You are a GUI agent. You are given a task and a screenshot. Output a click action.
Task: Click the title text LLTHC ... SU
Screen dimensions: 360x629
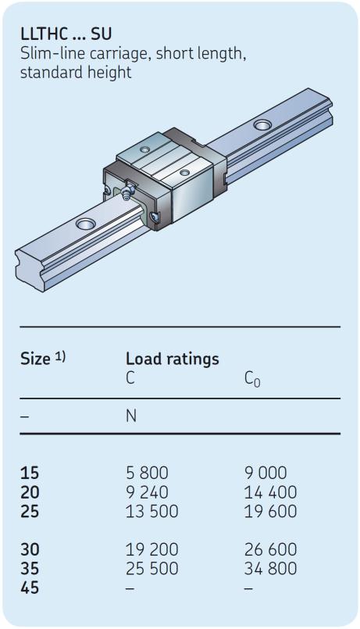click(x=66, y=34)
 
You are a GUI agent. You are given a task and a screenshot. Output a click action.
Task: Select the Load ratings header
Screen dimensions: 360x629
click(x=173, y=359)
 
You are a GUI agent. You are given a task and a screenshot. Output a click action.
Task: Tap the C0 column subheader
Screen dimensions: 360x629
click(x=252, y=379)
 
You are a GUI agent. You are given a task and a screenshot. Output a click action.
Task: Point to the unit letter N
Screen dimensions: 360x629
click(x=131, y=416)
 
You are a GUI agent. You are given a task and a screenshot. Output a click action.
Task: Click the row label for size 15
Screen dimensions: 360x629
click(x=30, y=473)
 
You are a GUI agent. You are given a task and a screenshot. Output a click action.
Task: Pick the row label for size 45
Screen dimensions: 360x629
click(x=30, y=588)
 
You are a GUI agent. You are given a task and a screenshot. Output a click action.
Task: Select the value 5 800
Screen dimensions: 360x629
click(x=147, y=473)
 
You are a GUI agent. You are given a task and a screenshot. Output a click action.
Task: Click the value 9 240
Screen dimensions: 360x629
click(x=147, y=492)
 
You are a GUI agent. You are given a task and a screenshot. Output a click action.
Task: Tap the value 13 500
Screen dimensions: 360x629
click(x=152, y=512)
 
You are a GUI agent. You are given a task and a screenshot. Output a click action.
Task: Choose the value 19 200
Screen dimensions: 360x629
click(x=152, y=549)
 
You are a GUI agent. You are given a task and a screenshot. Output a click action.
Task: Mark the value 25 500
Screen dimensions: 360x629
click(x=152, y=568)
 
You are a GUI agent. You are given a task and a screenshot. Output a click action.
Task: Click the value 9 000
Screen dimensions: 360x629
click(x=266, y=473)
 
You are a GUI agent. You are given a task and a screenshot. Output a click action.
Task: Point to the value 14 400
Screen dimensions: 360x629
click(x=271, y=492)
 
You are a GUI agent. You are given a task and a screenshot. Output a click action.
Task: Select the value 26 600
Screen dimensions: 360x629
click(x=271, y=549)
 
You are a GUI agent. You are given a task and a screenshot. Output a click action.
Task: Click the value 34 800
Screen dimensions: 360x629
click(x=271, y=568)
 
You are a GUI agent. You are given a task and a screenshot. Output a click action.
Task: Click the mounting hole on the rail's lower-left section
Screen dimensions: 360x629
click(x=85, y=223)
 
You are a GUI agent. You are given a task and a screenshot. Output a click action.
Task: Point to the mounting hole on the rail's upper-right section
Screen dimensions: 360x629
click(x=262, y=125)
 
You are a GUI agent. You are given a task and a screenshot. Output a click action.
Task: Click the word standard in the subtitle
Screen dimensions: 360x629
click(x=46, y=73)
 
